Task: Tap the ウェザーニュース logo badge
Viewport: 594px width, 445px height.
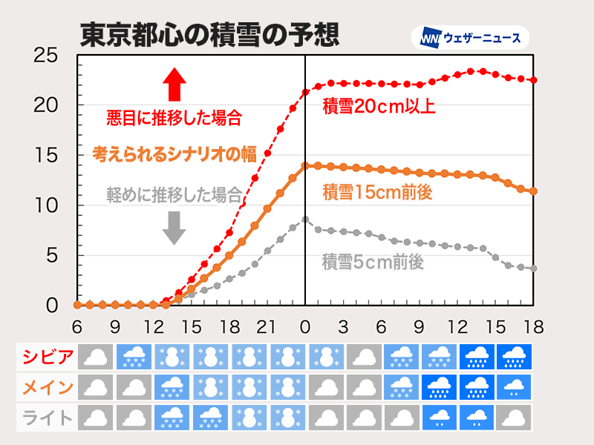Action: coord(471,38)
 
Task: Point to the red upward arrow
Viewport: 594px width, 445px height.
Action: coord(174,84)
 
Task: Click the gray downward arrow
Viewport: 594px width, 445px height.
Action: coord(174,228)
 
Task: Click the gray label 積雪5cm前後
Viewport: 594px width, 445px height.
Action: coord(373,261)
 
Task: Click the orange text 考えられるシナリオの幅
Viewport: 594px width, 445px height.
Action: coord(174,154)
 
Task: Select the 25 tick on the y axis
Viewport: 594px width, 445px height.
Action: coord(46,56)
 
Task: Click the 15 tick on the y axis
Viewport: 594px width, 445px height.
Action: coord(46,156)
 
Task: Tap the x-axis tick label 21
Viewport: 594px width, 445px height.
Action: coord(267,326)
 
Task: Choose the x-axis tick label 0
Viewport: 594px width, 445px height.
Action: coord(305,326)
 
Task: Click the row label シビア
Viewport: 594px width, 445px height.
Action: coord(46,357)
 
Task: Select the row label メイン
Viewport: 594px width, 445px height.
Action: coord(46,387)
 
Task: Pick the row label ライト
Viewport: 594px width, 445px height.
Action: coord(46,418)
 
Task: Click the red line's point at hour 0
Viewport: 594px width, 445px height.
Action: coord(305,92)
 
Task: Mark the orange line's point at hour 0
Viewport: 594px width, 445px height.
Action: coord(305,166)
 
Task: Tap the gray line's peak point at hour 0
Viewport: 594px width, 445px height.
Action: coord(305,219)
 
